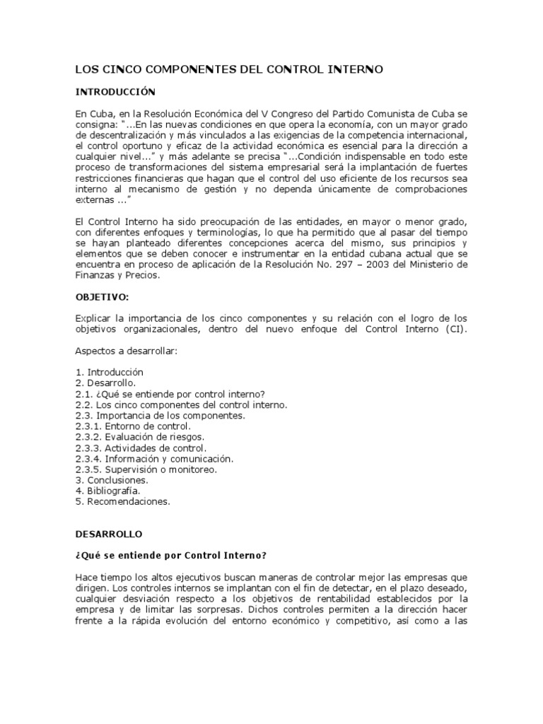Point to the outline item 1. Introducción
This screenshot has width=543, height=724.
click(109, 371)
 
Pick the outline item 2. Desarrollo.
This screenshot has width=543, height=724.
click(106, 383)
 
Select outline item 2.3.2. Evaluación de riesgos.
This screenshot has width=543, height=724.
click(139, 438)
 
